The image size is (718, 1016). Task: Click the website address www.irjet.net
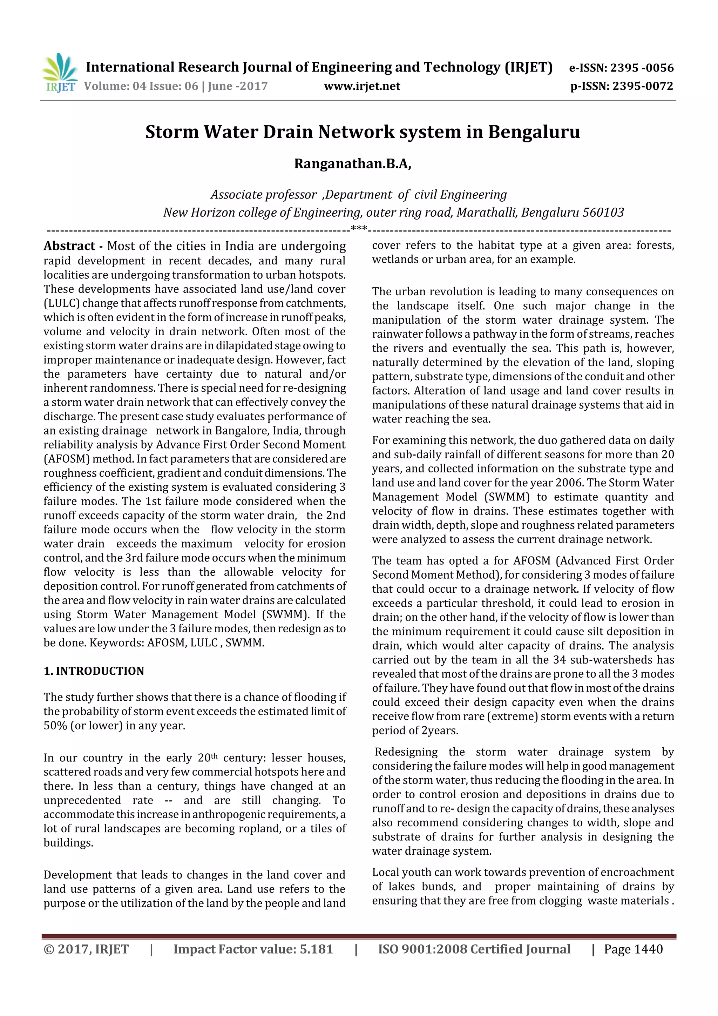pos(361,86)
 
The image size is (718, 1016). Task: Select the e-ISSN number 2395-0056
pos(642,68)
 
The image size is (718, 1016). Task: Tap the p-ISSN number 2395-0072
pos(642,86)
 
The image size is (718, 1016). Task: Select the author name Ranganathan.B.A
pos(352,164)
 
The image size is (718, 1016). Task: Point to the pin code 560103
pos(603,213)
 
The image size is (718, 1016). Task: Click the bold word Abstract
pos(69,246)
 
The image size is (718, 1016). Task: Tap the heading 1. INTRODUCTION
pos(94,671)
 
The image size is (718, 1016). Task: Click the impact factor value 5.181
pos(316,949)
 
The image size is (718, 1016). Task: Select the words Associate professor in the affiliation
pos(264,195)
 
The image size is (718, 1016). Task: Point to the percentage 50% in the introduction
pos(54,725)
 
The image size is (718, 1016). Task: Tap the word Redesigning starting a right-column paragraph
pos(406,752)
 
